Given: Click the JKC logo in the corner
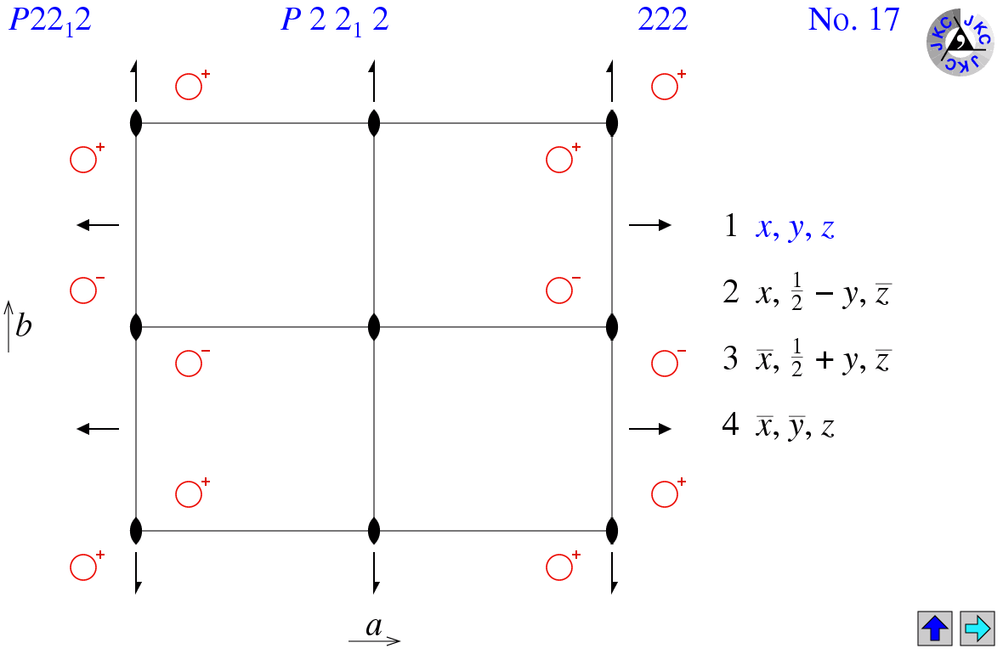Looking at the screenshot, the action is [959, 42].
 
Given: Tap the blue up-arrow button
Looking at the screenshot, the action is [935, 629].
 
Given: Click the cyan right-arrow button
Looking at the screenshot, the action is [977, 629].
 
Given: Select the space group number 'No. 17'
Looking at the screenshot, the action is [853, 20].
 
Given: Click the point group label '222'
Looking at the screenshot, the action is [662, 20].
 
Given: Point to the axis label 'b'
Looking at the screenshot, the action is [23, 326].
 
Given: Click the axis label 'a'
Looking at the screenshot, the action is [374, 627].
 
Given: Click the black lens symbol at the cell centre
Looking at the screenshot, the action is [374, 327].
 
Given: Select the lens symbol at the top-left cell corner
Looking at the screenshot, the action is [136, 123].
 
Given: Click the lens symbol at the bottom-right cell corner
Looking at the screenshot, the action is [612, 532].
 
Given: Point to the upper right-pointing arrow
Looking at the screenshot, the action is [650, 225].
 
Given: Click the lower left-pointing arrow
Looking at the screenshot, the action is [98, 429].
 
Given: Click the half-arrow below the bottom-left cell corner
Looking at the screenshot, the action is [136, 573].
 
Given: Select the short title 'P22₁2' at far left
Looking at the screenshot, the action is [49, 20].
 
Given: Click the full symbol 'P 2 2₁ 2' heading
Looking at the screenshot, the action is [335, 20].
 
